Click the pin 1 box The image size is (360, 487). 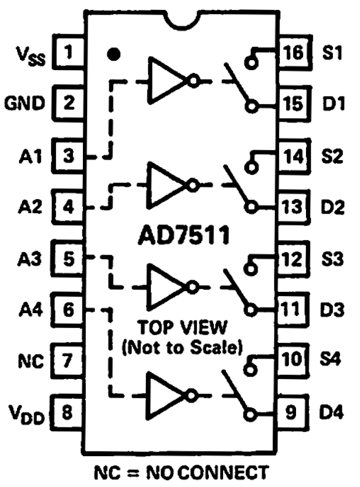[69, 52]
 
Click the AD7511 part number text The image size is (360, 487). [180, 235]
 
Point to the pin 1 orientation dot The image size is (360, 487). [113, 54]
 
